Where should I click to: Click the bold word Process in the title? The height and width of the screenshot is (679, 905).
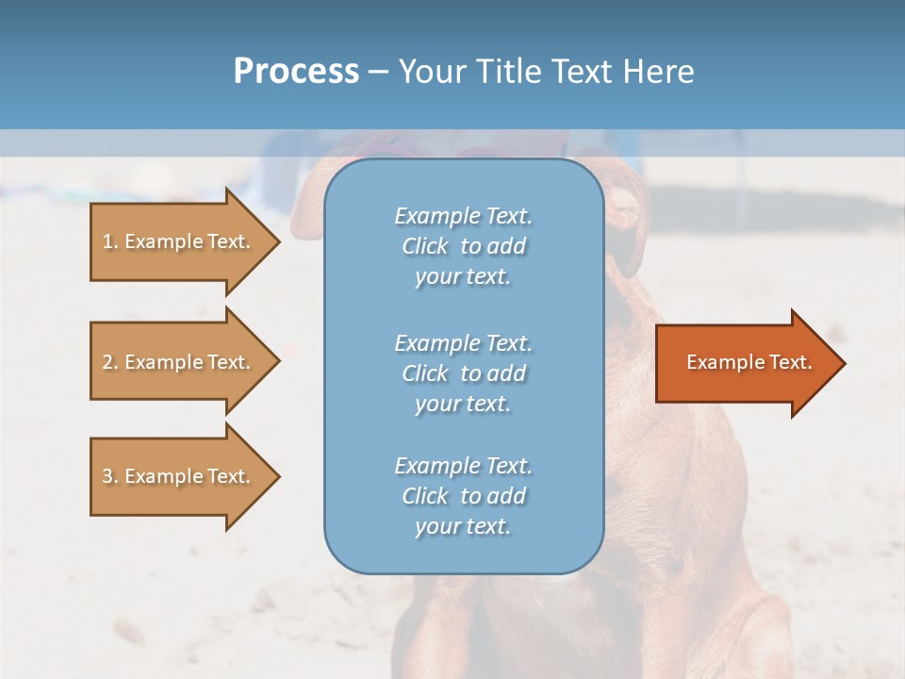296,72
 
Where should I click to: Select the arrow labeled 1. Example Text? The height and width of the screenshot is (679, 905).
179,241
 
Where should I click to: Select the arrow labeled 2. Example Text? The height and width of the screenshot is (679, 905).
179,362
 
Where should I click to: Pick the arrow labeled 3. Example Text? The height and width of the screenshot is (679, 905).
179,476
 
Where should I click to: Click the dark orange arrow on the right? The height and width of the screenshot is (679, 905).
745,363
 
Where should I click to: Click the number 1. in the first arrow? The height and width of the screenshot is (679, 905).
110,241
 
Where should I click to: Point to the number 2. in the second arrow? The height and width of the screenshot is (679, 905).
110,362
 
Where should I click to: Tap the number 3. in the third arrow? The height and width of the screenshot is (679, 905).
110,476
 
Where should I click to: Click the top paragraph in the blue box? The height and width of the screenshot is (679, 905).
463,246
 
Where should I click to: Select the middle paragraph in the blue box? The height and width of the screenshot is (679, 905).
463,373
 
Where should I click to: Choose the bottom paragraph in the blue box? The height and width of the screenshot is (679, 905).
463,496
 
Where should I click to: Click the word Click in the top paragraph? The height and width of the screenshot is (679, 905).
425,246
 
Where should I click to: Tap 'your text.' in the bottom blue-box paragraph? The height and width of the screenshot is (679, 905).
463,526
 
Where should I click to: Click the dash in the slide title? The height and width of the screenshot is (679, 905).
378,72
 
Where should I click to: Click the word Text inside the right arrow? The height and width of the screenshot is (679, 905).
791,362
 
